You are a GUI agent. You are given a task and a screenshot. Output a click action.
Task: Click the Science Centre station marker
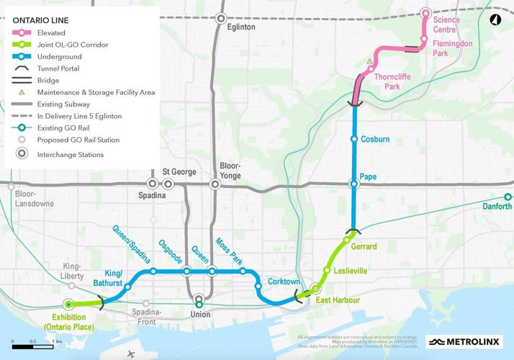425,13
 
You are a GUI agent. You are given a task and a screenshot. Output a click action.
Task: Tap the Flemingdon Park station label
451,48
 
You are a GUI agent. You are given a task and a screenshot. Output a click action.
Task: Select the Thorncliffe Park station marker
371,69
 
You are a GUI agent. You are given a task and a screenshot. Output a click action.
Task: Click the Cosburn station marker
353,139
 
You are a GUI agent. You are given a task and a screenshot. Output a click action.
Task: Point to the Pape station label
369,176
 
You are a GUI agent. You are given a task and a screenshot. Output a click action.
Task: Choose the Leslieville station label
351,271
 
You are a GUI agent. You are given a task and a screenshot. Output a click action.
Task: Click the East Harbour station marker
315,289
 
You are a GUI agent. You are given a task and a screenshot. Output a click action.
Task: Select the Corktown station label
283,282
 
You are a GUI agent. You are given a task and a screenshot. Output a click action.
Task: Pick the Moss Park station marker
243,271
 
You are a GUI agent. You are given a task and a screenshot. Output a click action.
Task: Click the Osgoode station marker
186,271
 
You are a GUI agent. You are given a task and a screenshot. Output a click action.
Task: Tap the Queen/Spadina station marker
153,271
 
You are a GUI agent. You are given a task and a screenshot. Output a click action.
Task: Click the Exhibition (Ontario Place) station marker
68,304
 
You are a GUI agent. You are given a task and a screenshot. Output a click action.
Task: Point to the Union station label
199,315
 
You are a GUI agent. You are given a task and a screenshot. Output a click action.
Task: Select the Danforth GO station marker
508,197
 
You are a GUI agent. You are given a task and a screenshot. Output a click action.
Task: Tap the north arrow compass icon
496,20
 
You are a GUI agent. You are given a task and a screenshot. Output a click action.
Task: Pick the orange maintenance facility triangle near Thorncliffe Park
369,61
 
